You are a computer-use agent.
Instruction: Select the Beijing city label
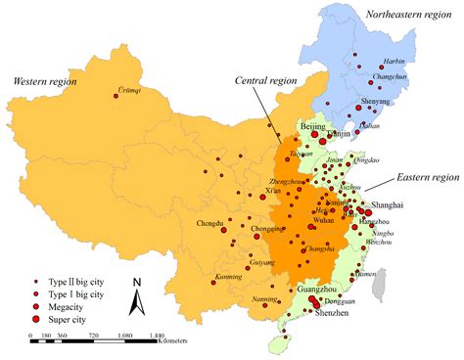pos(311,128)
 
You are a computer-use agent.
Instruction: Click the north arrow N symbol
pos(138,284)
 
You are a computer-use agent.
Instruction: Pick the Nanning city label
pos(266,299)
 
